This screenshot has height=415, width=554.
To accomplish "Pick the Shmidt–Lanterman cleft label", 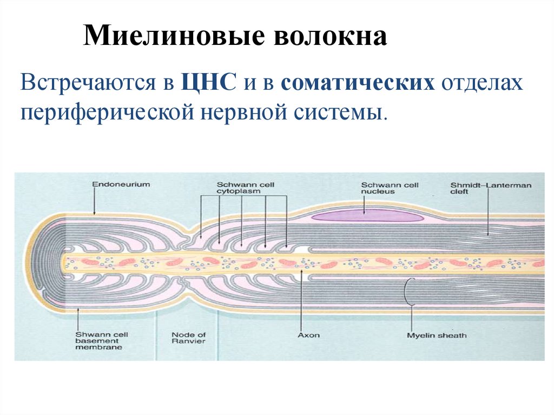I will pyautogui.click(x=490, y=188).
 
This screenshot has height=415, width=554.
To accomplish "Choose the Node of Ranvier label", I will pyautogui.click(x=188, y=338).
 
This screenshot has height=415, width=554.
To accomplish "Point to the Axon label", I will pyautogui.click(x=308, y=335).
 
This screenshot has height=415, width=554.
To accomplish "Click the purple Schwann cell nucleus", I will pyautogui.click(x=367, y=216).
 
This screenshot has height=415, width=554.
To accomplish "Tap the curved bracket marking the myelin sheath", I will pyautogui.click(x=407, y=292).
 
